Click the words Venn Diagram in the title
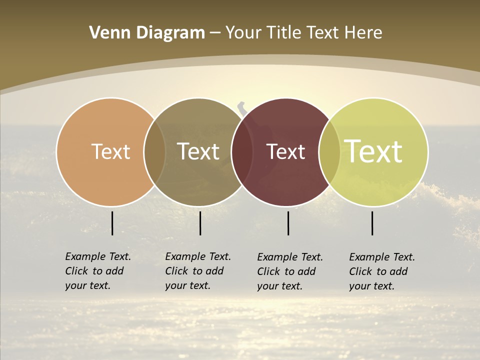tap(147, 33)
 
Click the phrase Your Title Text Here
tap(303, 33)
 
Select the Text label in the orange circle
tap(110, 151)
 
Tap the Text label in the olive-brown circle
tap(198, 151)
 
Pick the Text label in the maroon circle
tap(285, 151)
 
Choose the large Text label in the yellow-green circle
tap(373, 151)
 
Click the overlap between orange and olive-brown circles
tap(154, 151)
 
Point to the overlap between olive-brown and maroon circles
tap(242, 151)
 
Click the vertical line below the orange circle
tap(112, 223)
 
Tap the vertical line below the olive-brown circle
tap(200, 223)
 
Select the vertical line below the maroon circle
tap(288, 223)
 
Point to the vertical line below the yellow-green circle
tap(372, 223)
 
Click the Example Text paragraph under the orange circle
tap(98, 271)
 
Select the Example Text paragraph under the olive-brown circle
tap(198, 271)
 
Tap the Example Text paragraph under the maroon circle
tap(290, 271)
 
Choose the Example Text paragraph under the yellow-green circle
tap(382, 271)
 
